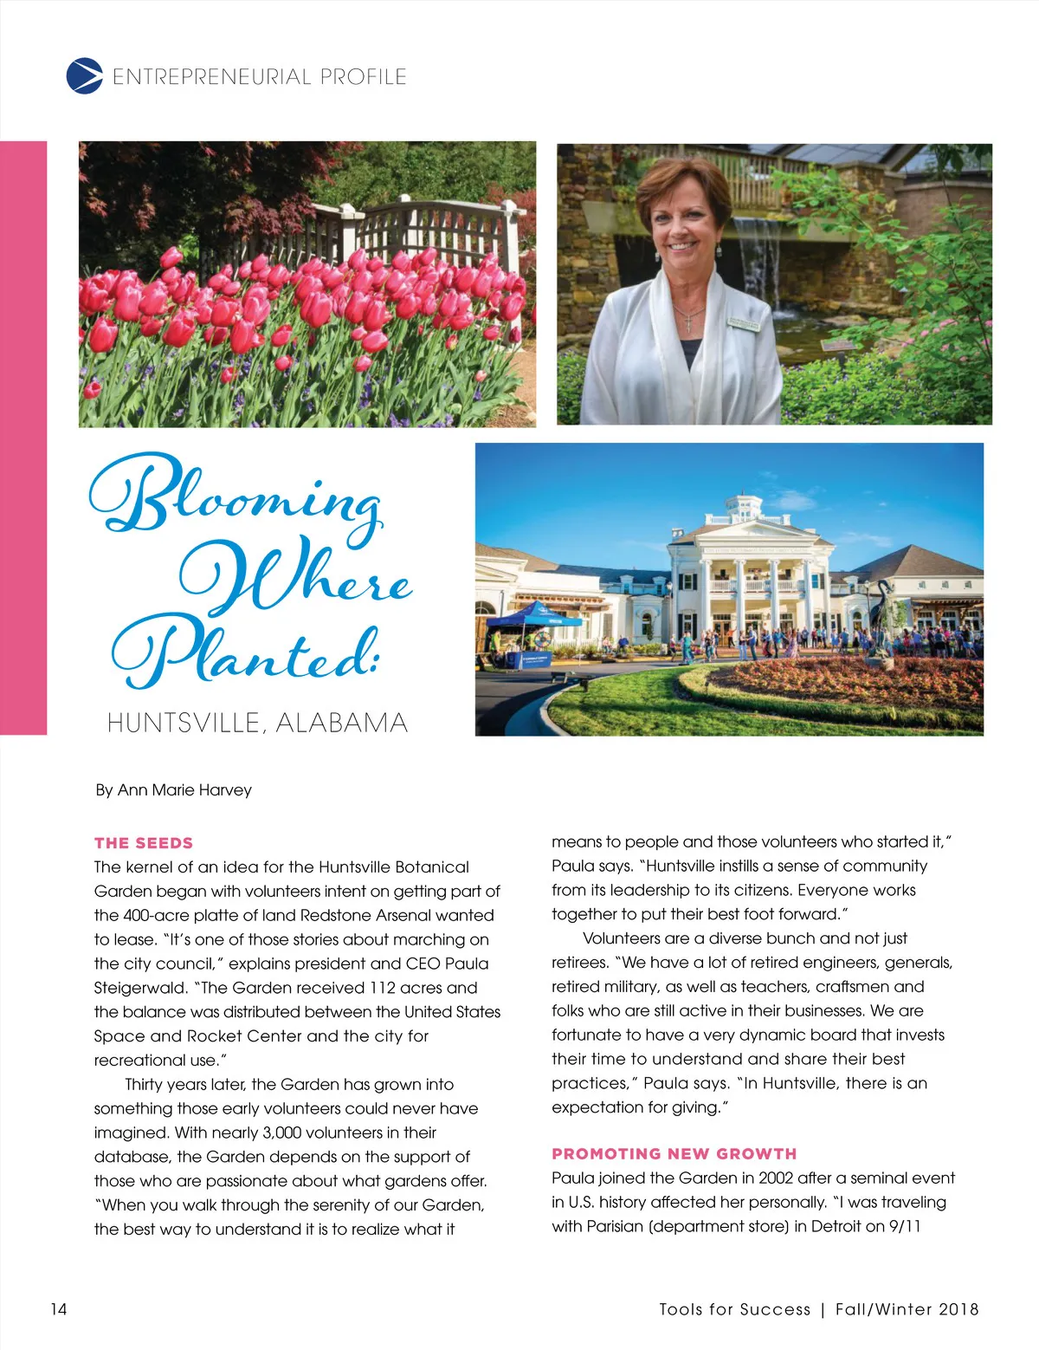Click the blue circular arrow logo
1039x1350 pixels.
point(84,75)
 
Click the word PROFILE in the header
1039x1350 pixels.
point(363,77)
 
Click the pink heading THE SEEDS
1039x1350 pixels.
point(144,843)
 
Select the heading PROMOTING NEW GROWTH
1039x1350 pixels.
point(674,1154)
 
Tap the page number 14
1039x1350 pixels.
point(58,1308)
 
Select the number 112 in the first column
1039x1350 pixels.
point(383,988)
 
